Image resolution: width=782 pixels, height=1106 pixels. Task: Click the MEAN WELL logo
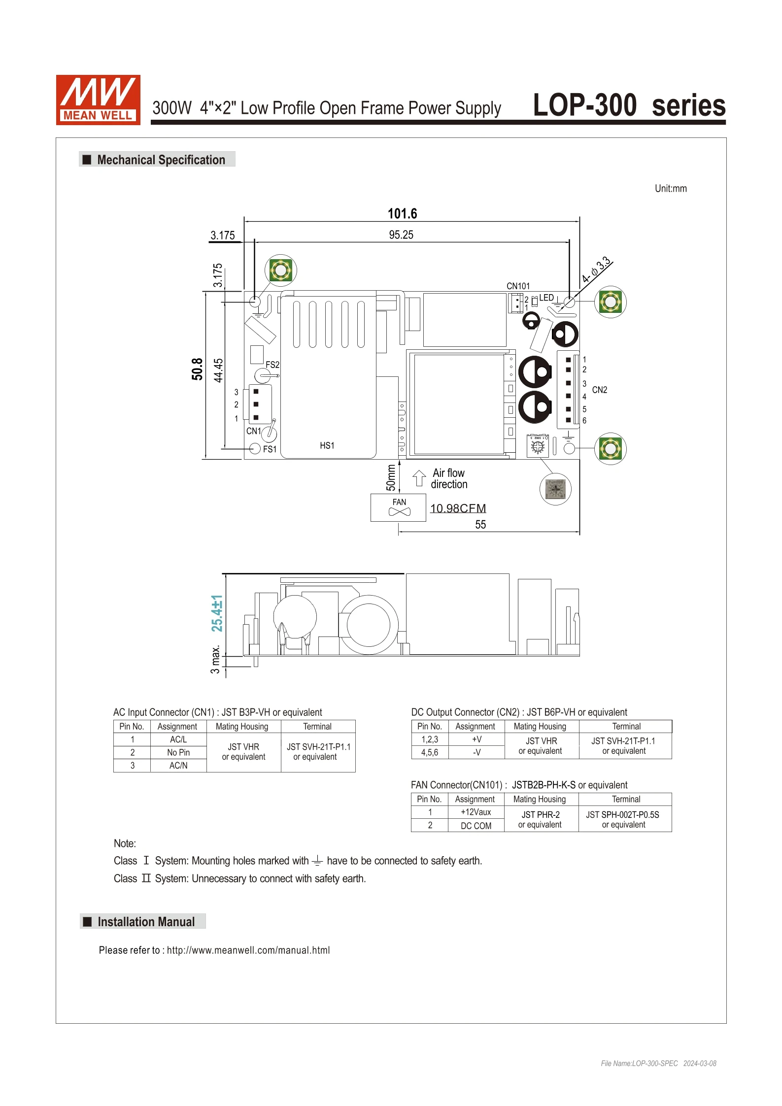point(98,100)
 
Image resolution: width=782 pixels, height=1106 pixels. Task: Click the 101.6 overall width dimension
point(402,214)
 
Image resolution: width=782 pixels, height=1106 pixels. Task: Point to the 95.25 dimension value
point(401,235)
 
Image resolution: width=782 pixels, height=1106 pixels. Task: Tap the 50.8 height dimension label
point(197,369)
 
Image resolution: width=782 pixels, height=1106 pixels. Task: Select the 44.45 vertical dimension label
point(218,370)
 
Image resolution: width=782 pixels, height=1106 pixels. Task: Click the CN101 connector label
point(518,286)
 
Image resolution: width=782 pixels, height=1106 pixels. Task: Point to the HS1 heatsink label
point(327,446)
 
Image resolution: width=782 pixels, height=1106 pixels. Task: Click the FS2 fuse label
point(272,365)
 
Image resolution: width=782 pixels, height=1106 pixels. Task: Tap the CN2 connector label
point(599,390)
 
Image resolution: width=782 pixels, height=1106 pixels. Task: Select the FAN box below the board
point(398,507)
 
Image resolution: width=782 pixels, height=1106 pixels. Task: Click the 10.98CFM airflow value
point(458,508)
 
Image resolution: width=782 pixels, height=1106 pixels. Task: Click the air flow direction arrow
point(419,478)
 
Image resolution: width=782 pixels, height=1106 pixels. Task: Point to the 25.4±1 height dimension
point(217,613)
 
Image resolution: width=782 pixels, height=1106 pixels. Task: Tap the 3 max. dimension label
point(215,660)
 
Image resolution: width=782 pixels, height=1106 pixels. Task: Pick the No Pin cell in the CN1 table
point(178,753)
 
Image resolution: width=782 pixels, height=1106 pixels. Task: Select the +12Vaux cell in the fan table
point(476,812)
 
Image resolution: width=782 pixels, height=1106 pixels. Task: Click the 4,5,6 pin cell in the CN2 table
point(430,753)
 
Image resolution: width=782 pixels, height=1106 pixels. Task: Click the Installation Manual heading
point(146,922)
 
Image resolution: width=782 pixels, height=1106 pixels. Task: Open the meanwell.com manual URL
point(248,950)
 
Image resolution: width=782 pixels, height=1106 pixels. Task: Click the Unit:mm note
point(670,189)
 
